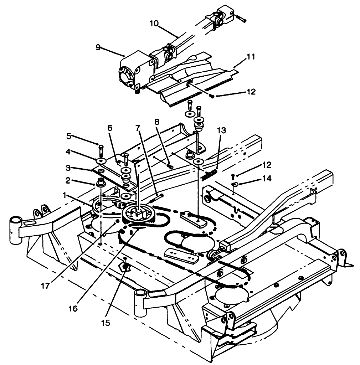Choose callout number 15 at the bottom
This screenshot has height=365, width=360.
point(106,323)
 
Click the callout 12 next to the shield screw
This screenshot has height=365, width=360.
point(251,92)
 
